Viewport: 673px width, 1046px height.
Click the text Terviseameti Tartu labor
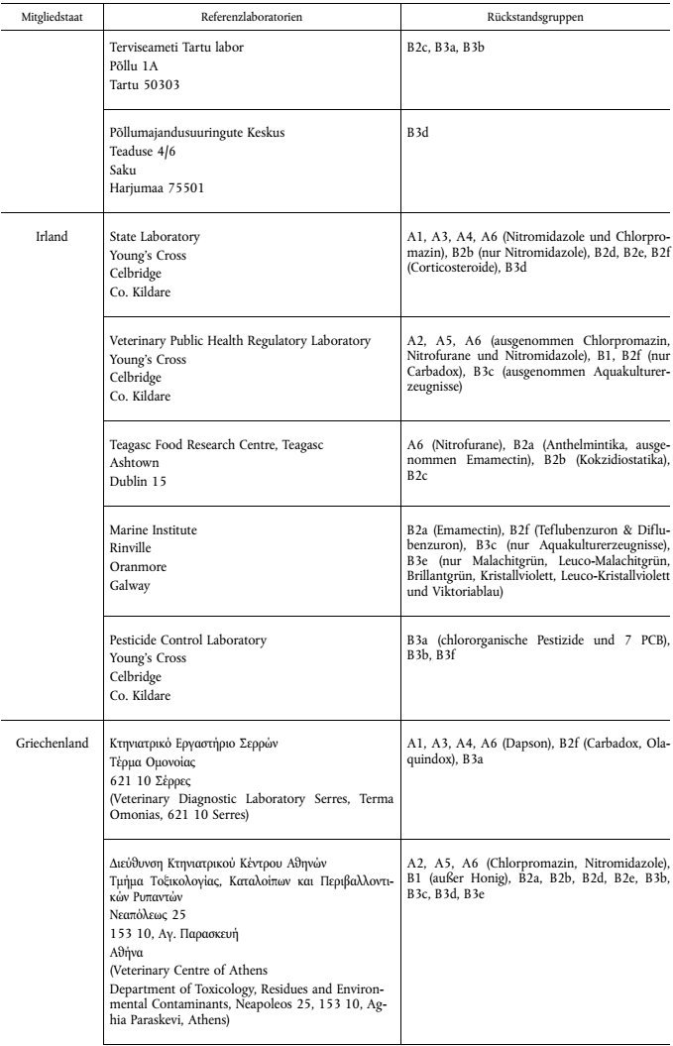pos(177,48)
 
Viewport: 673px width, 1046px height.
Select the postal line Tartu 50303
pos(145,85)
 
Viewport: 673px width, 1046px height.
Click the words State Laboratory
pos(155,237)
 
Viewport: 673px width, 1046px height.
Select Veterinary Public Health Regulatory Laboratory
pos(240,341)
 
